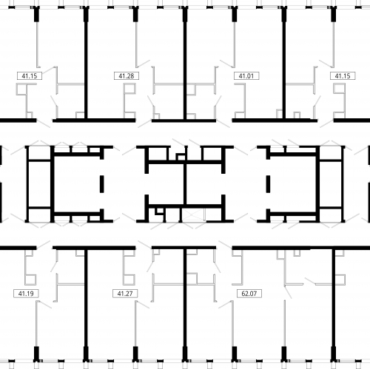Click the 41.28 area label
click(127, 75)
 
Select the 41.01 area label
click(246, 75)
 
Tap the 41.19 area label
click(26, 294)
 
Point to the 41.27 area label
click(125, 294)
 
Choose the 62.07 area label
click(249, 294)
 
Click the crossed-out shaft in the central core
click(193, 214)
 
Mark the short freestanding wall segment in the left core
click(101, 184)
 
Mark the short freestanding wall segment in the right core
click(268, 184)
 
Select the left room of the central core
click(166, 184)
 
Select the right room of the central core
click(204, 184)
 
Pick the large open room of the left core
click(77, 184)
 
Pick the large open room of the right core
click(293, 184)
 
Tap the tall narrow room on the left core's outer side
click(40, 184)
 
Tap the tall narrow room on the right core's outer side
click(331, 184)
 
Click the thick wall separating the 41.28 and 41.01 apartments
click(185, 64)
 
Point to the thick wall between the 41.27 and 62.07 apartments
click(185, 305)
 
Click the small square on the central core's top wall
click(181, 157)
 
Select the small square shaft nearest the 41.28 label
click(131, 89)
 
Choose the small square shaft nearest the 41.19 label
click(31, 280)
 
